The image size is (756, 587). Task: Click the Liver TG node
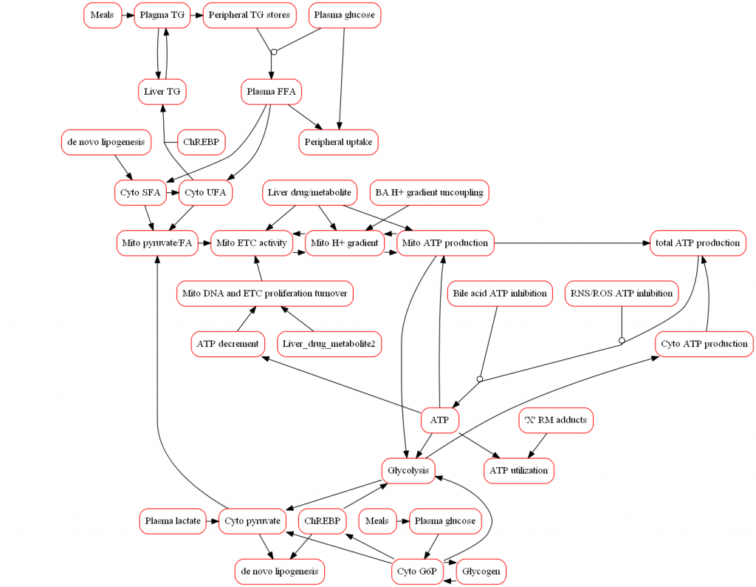tap(162, 92)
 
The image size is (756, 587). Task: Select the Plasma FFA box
tap(272, 92)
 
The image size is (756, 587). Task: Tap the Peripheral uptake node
tap(339, 142)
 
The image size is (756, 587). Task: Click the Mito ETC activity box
tap(251, 243)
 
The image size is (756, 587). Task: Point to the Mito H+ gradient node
tap(344, 243)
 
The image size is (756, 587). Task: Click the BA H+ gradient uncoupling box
tap(429, 192)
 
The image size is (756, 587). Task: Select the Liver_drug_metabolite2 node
tap(329, 344)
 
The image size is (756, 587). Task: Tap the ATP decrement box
tap(228, 344)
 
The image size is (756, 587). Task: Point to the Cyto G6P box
tap(417, 571)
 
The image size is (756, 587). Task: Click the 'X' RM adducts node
tap(556, 421)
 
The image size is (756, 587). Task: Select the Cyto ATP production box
tap(704, 344)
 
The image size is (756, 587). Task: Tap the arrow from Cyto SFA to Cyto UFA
tap(173, 193)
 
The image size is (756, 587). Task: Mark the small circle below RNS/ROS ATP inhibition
tap(622, 341)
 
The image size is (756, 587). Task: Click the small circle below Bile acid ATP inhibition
tap(480, 379)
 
